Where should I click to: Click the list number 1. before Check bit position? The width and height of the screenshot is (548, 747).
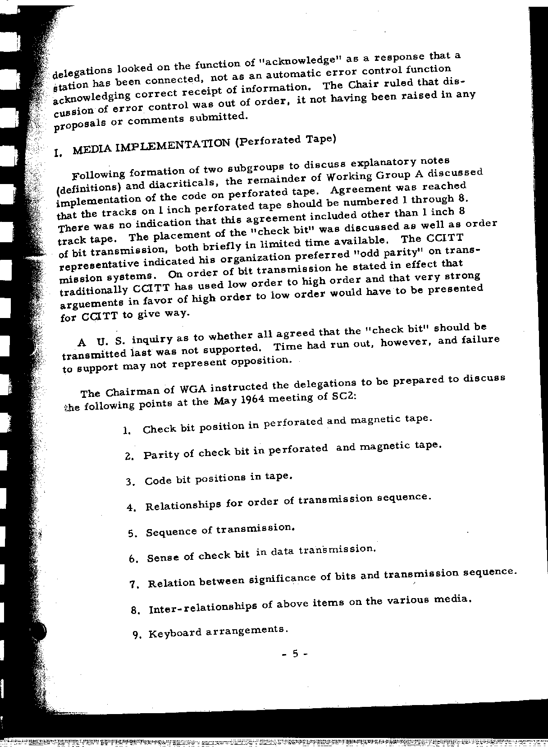click(x=127, y=430)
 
